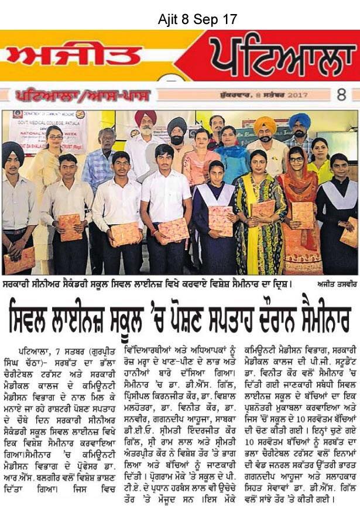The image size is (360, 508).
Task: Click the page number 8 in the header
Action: click(x=341, y=95)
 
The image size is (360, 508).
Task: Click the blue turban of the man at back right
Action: click(x=299, y=121)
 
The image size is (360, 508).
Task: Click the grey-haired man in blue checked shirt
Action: click(x=99, y=170)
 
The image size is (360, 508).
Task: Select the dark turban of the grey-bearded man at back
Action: click(x=176, y=125)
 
